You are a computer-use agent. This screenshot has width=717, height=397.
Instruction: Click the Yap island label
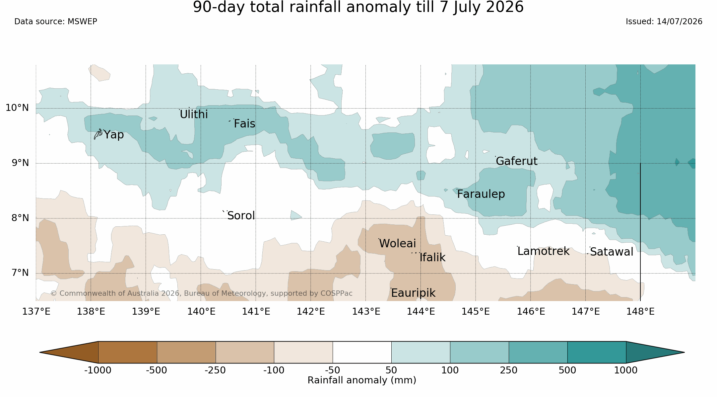coord(114,135)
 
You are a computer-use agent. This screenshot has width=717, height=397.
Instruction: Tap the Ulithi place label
coord(194,114)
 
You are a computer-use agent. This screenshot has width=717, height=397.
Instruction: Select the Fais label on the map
coord(244,124)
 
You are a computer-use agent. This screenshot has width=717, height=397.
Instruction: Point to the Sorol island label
coord(241,216)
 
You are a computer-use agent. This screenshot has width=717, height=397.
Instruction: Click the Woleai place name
coord(397,244)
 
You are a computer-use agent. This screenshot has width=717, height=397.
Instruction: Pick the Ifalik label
coord(432,257)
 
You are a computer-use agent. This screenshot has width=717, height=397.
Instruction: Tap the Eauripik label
coord(413,293)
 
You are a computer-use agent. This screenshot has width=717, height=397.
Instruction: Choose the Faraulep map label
coord(481,194)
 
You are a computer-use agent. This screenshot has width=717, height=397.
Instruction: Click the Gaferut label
coord(517,161)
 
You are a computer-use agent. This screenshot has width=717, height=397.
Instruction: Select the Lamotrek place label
coord(543,251)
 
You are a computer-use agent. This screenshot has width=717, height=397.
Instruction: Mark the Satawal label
coord(612,252)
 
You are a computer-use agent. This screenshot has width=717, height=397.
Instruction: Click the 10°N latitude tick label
coord(17,108)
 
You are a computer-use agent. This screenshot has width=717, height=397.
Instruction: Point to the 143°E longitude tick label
coord(366,311)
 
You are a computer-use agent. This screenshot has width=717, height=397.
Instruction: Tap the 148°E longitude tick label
coord(640,311)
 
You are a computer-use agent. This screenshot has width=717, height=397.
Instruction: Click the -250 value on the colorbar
coord(215,370)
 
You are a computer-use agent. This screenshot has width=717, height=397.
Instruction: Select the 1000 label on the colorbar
coord(626,370)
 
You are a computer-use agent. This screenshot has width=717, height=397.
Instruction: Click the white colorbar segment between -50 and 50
coord(362,352)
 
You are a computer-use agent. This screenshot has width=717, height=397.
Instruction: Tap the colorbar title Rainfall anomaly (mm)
coord(362,380)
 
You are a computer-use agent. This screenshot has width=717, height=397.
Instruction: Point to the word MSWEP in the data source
coord(82,22)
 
